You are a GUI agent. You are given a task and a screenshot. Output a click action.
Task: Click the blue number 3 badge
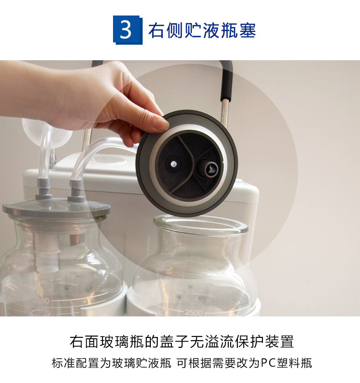[128, 30]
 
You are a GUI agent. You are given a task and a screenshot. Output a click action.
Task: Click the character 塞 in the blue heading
[247, 31]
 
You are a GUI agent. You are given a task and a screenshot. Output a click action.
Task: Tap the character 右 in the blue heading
[156, 31]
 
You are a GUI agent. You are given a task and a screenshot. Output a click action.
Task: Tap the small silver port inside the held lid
[173, 164]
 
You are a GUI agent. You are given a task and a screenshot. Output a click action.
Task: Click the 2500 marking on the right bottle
[194, 312]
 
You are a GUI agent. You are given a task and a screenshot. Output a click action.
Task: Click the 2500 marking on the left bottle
[41, 300]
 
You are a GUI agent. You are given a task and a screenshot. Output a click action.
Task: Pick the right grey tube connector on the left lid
[76, 191]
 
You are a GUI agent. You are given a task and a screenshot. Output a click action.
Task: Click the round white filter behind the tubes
[46, 133]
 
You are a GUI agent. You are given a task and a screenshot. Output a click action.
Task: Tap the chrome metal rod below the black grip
[224, 112]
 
